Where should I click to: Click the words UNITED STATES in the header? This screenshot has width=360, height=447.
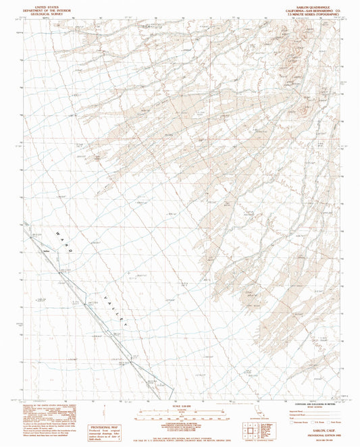point(42,3)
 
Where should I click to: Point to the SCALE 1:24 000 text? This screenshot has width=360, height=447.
point(179,405)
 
